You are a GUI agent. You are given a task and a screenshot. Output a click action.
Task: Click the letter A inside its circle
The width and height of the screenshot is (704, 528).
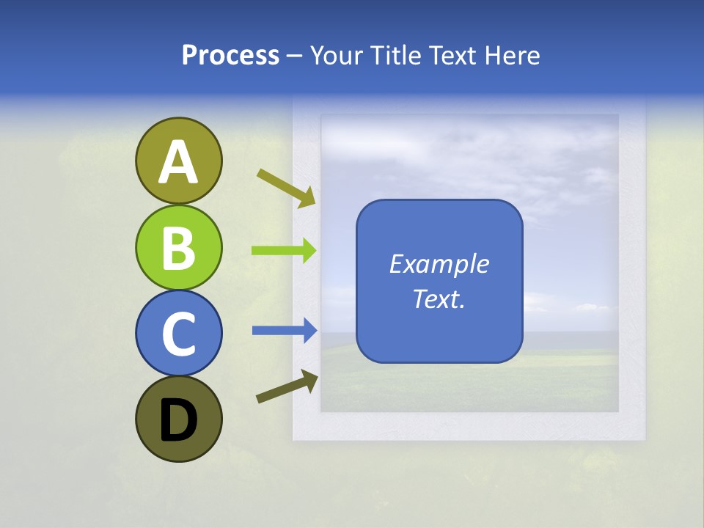(178, 162)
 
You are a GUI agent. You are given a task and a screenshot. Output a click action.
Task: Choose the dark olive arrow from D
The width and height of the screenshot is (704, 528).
(287, 387)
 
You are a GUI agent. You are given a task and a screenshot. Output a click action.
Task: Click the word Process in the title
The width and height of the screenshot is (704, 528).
(230, 56)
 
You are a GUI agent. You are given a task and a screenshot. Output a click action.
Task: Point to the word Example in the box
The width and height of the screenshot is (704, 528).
(439, 264)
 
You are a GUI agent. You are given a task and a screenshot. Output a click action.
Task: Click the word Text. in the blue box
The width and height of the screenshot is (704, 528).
(439, 299)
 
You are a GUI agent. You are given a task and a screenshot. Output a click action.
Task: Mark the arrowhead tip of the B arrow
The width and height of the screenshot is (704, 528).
(316, 251)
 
